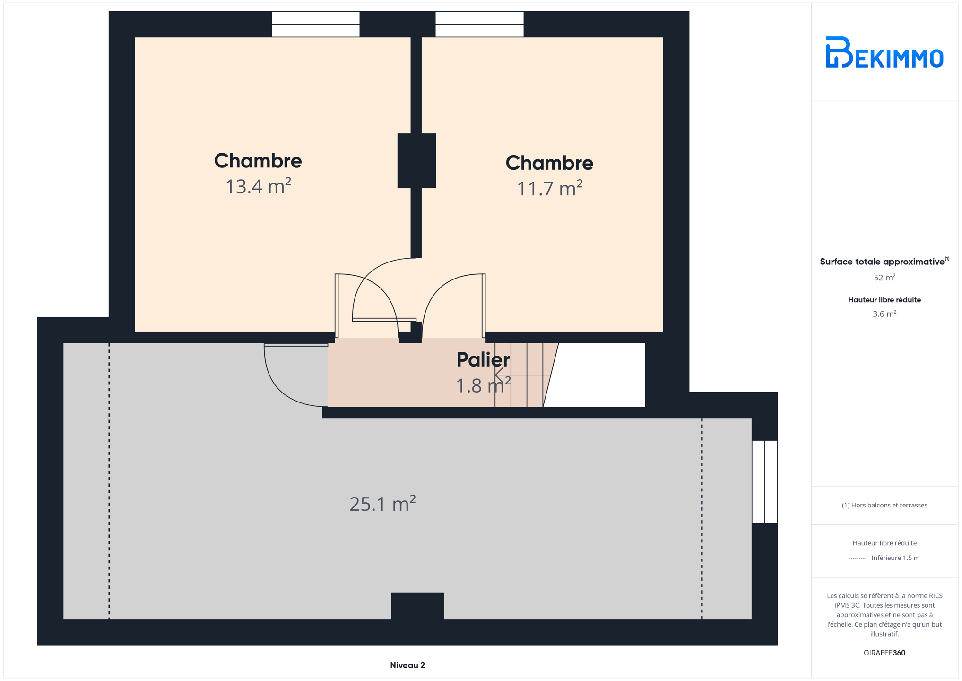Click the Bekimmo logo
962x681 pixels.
tap(884, 52)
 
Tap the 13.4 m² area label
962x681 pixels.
tap(258, 186)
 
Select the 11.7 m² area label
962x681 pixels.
tap(549, 188)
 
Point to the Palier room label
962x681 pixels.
tap(483, 359)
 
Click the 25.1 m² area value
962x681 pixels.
tap(382, 504)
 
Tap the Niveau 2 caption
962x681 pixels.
tap(407, 665)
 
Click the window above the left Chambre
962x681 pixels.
tap(316, 24)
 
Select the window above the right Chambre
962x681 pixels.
tap(479, 24)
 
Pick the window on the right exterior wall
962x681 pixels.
tap(765, 481)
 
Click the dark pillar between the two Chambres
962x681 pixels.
tap(416, 161)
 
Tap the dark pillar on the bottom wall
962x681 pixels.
tap(417, 606)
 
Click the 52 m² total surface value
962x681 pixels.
tap(884, 277)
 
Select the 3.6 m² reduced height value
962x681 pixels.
tap(884, 314)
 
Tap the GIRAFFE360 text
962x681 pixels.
tap(884, 653)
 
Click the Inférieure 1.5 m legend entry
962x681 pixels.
tap(884, 558)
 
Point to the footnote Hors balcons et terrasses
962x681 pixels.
tap(884, 505)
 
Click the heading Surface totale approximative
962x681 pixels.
tap(882, 262)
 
